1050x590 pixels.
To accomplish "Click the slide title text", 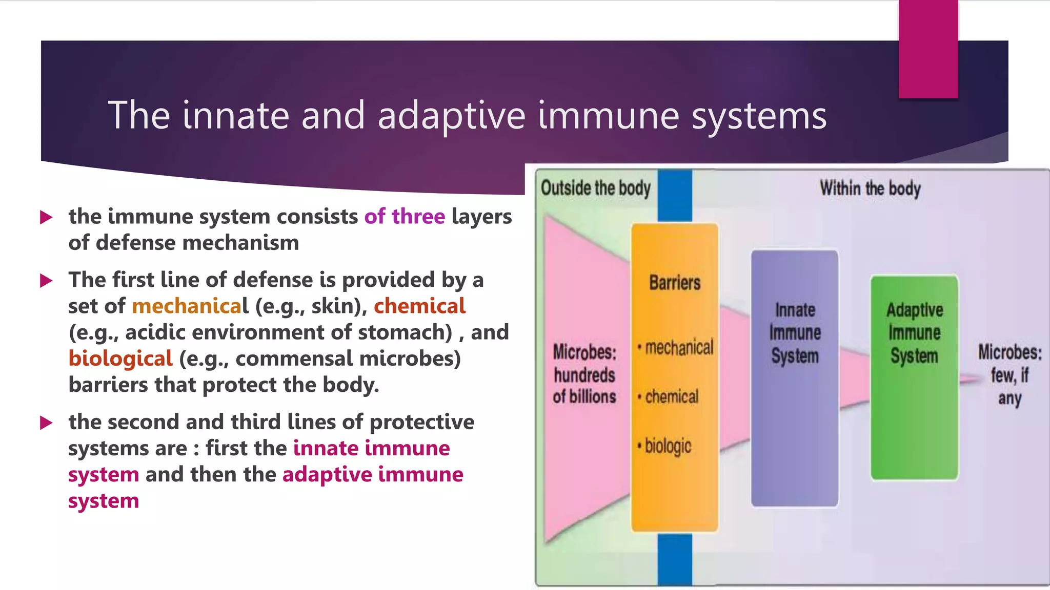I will point(467,116).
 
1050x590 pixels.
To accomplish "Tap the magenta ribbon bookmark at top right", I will point(928,49).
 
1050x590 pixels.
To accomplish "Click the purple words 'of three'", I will point(405,217).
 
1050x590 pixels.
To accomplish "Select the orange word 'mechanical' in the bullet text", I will point(190,306).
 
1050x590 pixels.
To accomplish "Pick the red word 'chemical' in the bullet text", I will point(419,306).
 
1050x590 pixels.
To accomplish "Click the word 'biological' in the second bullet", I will point(120,359).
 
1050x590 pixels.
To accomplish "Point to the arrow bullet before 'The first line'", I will point(47,281).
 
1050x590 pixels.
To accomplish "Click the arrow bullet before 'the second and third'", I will point(47,423).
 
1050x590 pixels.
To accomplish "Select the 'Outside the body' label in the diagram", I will point(595,188).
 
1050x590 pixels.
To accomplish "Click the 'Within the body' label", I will point(870,188).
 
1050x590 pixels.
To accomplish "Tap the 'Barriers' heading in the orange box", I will point(674,283).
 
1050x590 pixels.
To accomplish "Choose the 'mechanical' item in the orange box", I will point(678,348).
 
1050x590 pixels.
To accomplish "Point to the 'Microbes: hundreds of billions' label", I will point(584,374).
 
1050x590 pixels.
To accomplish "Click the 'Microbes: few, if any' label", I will point(1009,375).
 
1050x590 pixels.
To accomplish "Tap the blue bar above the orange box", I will point(675,196).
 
